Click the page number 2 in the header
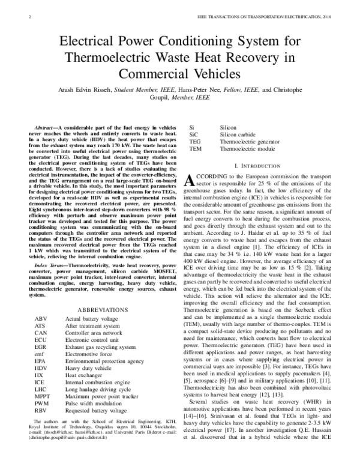30,17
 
